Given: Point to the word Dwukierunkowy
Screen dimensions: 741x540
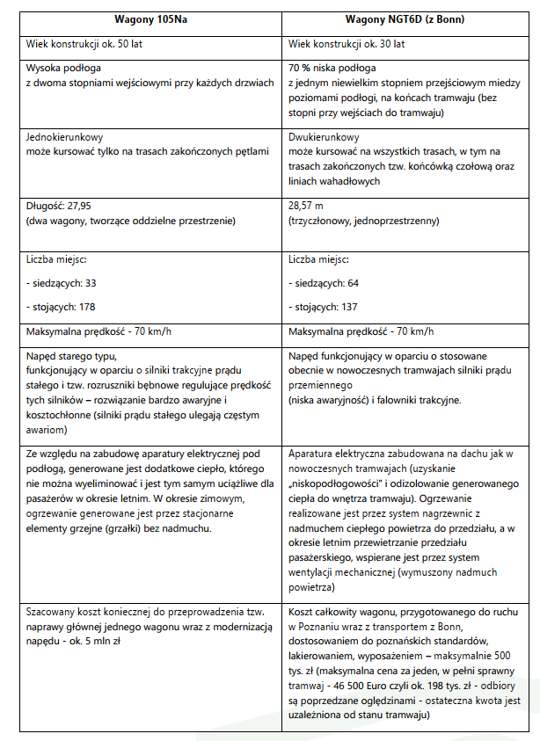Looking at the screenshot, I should coord(324,137).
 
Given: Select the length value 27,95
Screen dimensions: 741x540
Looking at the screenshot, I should coord(86,206).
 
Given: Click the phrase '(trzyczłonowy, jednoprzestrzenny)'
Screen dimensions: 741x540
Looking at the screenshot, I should coord(363,221).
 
